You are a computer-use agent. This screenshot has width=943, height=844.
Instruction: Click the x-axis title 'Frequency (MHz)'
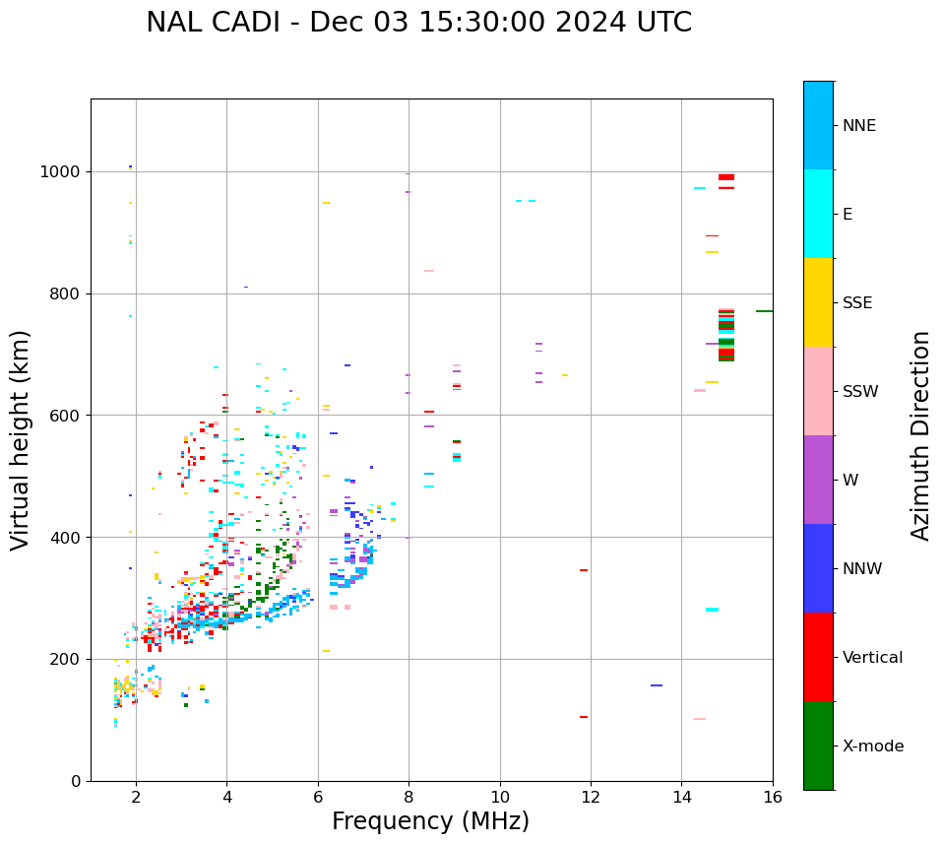point(430,821)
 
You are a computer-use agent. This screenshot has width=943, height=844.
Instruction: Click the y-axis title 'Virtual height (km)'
point(21,440)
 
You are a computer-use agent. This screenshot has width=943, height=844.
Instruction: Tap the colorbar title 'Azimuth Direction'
point(920,435)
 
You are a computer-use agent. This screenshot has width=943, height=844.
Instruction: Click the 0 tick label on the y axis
point(77,781)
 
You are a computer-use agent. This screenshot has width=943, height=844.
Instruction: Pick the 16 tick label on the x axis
point(773,797)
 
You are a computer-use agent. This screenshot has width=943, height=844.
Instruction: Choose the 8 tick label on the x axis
point(409,797)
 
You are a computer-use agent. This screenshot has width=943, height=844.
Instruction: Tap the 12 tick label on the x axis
point(591,797)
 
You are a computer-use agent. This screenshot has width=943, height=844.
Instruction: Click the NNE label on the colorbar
point(858,126)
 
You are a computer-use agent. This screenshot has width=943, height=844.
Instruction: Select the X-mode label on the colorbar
point(872,747)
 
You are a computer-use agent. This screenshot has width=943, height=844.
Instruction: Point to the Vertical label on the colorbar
point(872,658)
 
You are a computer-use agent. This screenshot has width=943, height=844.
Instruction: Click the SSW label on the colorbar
point(859,392)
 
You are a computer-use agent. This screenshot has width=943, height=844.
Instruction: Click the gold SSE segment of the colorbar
point(818,302)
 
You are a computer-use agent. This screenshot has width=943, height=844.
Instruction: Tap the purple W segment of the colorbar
point(818,480)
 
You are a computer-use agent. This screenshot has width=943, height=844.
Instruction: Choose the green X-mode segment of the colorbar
point(818,746)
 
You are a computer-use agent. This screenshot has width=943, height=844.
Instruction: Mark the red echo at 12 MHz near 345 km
point(584,570)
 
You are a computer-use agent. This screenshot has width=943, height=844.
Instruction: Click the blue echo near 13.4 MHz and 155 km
point(657,685)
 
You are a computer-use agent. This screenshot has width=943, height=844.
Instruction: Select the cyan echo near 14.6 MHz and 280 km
point(712,610)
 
